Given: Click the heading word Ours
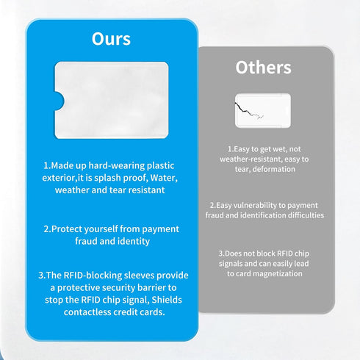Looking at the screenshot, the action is pos(111,39).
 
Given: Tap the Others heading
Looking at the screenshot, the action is pos(263,68).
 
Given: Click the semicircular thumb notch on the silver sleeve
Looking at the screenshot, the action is pos(60,101).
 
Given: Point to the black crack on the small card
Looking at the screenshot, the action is pos(248,111).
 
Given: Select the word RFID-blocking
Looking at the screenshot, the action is pos(93,276).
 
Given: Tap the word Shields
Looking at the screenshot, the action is pos(167,300).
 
